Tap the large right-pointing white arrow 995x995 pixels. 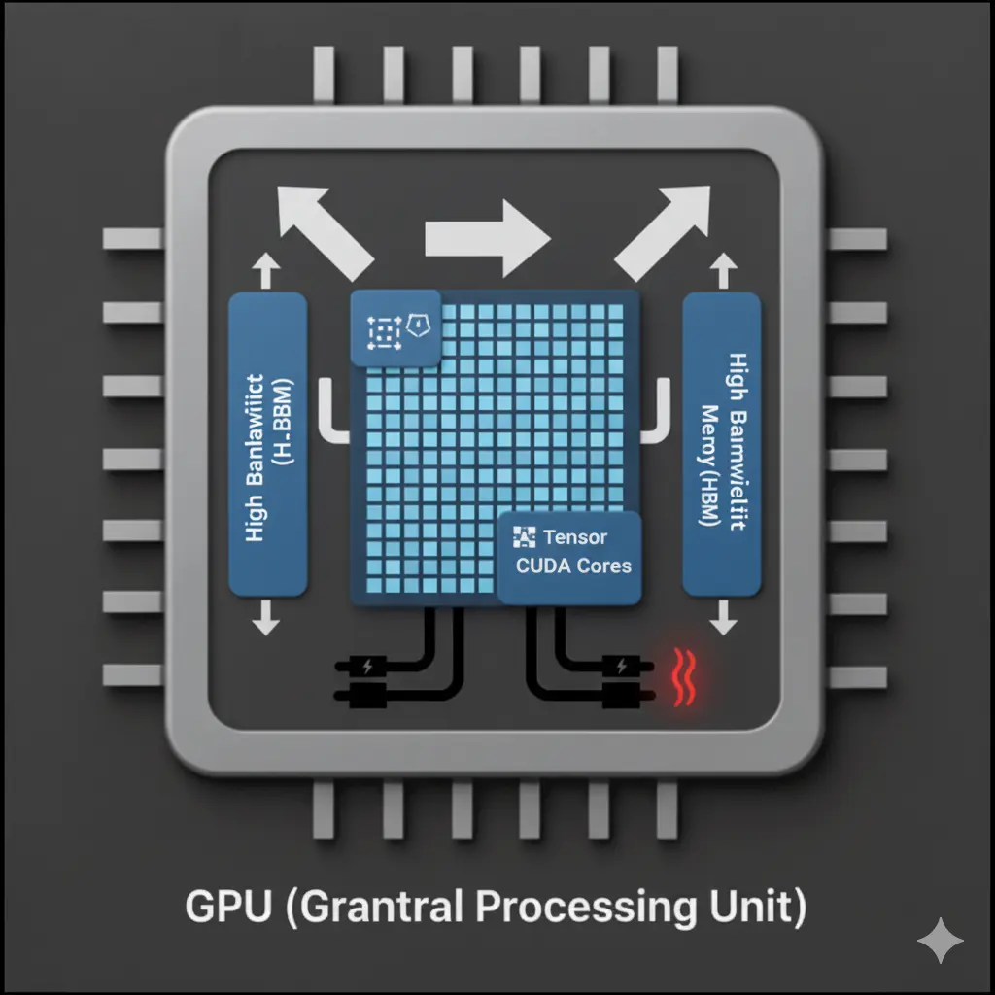487,236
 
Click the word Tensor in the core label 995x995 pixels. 575,536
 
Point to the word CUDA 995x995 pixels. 544,566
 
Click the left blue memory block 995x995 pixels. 267,444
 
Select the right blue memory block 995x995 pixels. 722,444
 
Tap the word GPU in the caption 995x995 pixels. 216,908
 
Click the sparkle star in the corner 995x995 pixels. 941,941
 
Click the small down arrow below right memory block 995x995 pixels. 722,618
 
